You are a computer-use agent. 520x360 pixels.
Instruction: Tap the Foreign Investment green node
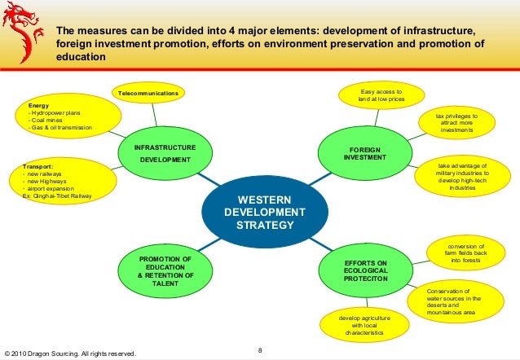[x=359, y=153]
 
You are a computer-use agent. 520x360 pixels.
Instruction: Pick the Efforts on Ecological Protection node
[x=359, y=271]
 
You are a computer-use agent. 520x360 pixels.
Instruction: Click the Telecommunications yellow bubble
[x=148, y=95]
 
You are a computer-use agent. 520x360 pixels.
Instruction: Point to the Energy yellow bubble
[x=59, y=118]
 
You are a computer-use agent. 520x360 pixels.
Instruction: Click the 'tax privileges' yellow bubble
[x=456, y=124]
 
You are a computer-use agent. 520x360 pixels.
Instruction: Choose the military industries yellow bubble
[x=462, y=178]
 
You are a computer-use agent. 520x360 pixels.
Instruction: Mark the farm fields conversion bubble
[x=466, y=253]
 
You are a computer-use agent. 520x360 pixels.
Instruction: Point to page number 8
[x=259, y=350]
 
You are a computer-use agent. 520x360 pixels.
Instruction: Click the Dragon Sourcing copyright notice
[x=69, y=353]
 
